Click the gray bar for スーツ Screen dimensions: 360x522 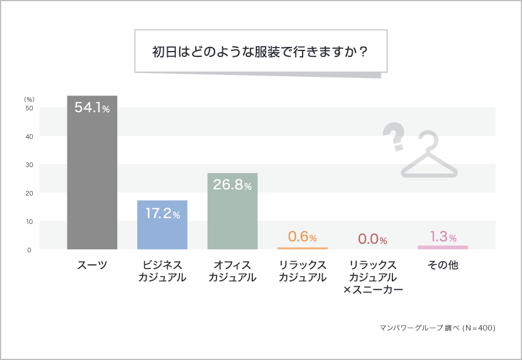92,176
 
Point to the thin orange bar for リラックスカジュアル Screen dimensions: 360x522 303,248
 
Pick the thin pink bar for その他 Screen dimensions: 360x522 443,247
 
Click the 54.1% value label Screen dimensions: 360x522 92,108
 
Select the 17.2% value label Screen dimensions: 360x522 162,213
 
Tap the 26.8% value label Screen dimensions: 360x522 232,185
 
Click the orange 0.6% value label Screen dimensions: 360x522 303,237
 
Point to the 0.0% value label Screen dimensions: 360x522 372,239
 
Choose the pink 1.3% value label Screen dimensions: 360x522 443,236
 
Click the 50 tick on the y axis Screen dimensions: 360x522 29,108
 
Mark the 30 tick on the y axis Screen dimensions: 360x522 29,165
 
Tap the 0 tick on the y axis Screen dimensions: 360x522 29,250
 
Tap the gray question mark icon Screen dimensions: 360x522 394,137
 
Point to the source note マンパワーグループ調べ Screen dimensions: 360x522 437,328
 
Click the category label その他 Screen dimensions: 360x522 443,265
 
